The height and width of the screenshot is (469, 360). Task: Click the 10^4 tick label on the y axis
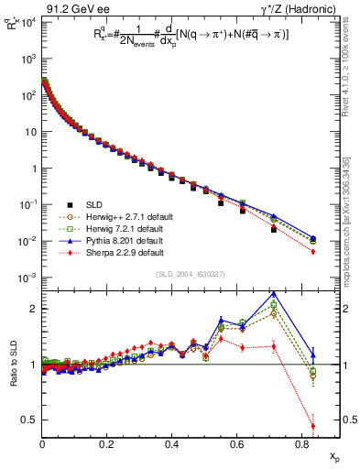tap(27, 21)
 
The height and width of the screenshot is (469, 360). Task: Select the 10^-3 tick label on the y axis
tap(27, 278)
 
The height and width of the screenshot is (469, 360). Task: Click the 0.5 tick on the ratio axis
tap(30, 420)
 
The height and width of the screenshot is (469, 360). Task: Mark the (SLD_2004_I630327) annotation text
tap(192, 276)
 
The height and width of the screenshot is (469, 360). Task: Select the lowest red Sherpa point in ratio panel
tap(312, 426)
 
